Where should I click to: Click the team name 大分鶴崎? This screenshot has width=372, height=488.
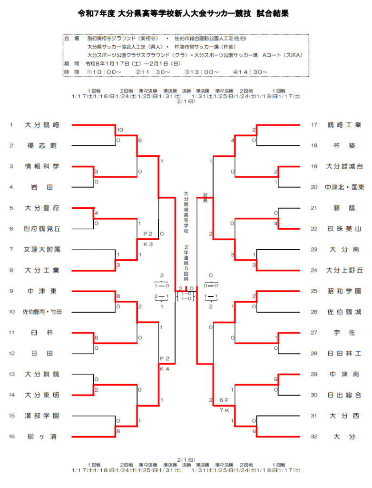click(42, 125)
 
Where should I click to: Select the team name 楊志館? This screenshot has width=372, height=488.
click(42, 146)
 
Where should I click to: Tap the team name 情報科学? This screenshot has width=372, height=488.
click(42, 167)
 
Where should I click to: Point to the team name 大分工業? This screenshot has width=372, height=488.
click(42, 270)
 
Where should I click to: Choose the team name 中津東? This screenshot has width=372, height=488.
click(42, 291)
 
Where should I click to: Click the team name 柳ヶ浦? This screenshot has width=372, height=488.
click(42, 437)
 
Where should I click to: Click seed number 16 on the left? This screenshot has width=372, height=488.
click(11, 437)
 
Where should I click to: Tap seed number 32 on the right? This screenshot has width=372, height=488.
click(314, 437)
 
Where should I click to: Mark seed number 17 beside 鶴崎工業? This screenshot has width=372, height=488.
click(314, 125)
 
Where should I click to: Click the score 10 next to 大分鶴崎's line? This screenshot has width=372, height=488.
click(120, 130)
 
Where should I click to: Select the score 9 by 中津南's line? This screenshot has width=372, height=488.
click(276, 379)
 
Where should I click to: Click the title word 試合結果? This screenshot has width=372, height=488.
click(273, 14)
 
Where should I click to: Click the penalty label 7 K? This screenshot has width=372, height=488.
click(225, 410)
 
